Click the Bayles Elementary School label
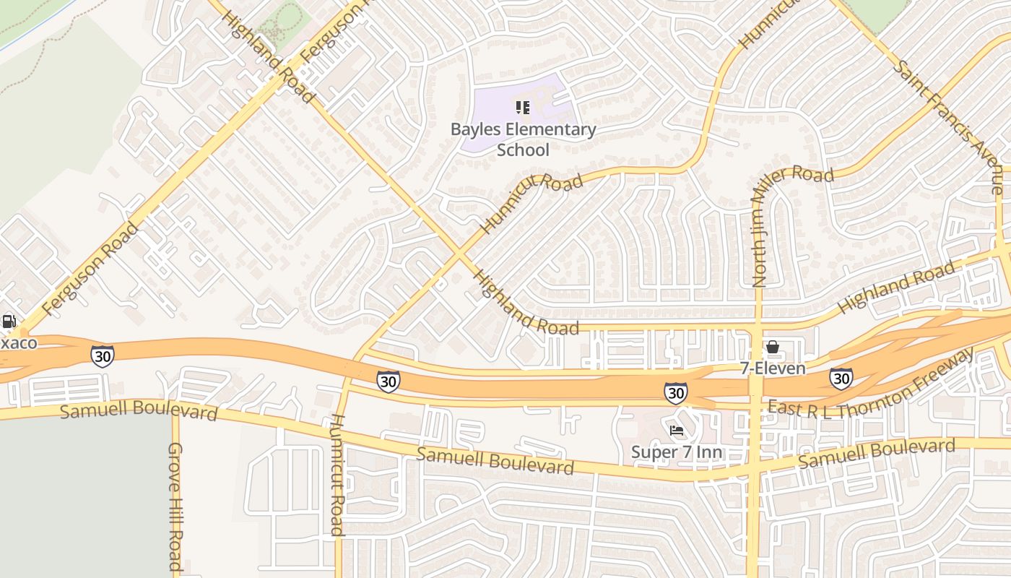click(523, 139)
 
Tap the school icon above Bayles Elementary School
click(523, 108)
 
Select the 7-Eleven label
click(772, 368)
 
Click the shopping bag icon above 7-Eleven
click(773, 348)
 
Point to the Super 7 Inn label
click(677, 452)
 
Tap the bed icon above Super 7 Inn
click(677, 431)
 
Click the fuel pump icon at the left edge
click(9, 322)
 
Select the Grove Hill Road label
click(175, 506)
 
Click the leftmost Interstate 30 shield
click(103, 355)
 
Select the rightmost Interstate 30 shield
click(841, 378)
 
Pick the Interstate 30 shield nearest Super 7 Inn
click(675, 392)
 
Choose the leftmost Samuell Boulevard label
click(138, 410)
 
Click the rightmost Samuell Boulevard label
click(876, 452)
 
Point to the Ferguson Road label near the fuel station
click(90, 269)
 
